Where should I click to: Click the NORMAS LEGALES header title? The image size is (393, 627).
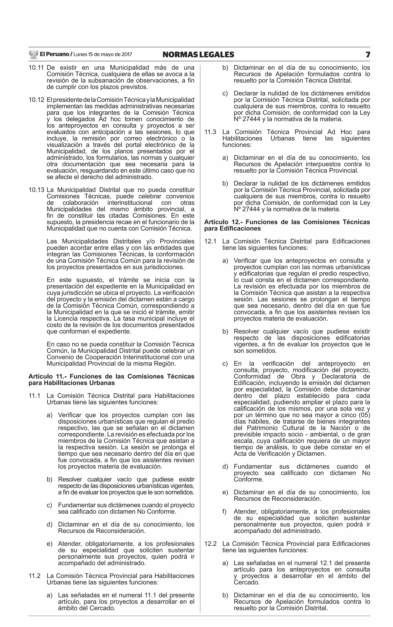point(198,55)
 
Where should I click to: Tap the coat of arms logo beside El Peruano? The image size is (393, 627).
point(34,54)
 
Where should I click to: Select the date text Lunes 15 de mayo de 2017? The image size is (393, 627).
point(103,55)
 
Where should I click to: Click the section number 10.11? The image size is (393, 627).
point(36,68)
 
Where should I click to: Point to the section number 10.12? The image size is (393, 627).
point(36,100)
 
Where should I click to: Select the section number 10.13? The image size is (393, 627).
point(36,190)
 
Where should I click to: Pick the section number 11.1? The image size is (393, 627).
point(34,396)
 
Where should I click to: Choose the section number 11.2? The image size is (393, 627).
point(34,576)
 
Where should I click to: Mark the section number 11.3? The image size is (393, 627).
point(210,132)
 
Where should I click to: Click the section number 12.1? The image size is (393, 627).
point(210,241)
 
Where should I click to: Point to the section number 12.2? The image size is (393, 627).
point(210,544)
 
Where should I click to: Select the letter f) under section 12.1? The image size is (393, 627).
point(225,512)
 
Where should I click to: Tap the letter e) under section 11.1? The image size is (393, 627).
point(49,544)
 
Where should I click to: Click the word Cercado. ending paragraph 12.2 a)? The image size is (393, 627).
point(246,582)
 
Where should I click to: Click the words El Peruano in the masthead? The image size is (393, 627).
point(54,54)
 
